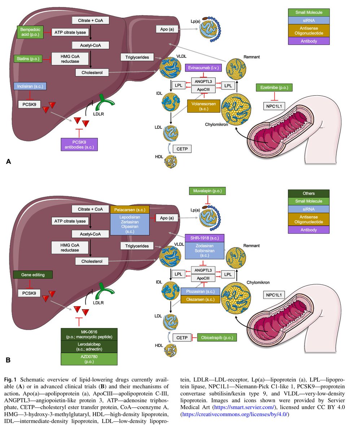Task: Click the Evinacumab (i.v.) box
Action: tap(204, 67)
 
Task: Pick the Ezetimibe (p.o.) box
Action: tap(275, 88)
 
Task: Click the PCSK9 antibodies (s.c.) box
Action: tap(79, 144)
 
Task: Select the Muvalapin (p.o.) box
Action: tap(207, 191)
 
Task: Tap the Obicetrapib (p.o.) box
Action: tap(217, 337)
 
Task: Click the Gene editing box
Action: tap(33, 275)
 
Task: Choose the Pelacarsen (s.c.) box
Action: tap(130, 209)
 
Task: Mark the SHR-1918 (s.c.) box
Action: tap(205, 238)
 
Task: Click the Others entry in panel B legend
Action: tap(309, 193)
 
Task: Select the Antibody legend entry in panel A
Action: tap(309, 41)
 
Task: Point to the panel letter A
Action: tap(8, 162)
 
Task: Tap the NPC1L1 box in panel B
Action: tap(274, 295)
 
